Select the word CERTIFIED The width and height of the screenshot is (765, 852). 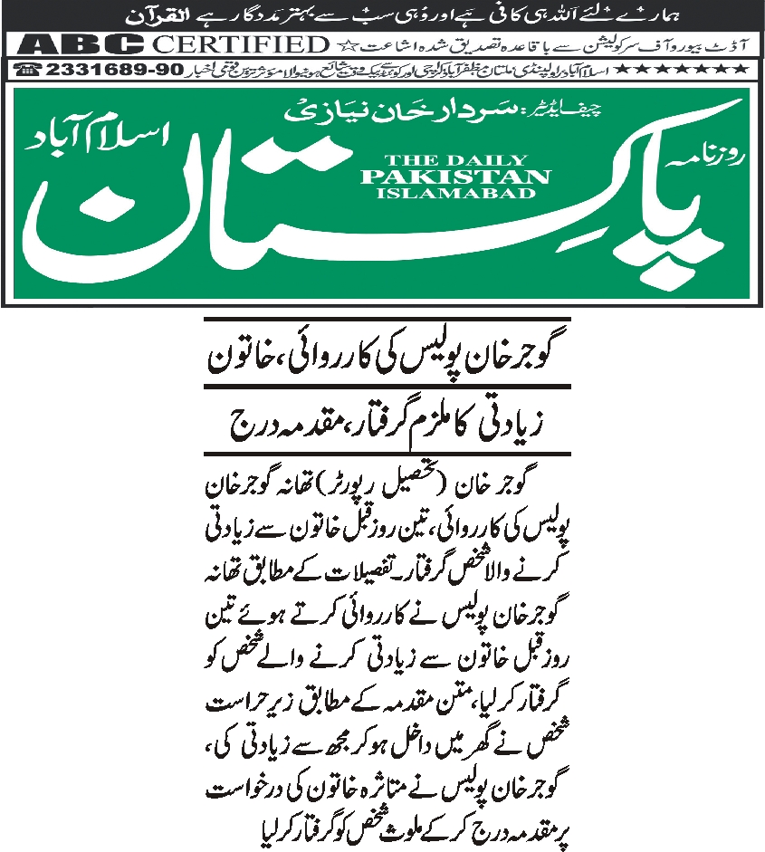point(240,44)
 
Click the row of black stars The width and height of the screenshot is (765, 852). point(693,69)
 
